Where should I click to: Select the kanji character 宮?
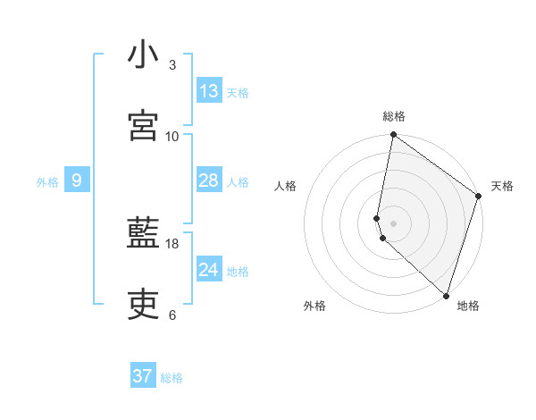143,125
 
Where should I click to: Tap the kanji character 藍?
143,236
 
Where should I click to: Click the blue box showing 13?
209,91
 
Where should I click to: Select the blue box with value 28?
209,181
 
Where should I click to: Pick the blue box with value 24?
209,270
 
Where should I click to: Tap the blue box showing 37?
143,376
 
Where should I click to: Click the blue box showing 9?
77,181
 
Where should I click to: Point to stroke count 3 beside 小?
172,66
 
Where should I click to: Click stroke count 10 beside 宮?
172,136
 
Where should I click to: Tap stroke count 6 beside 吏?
172,315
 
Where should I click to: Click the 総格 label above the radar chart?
394,116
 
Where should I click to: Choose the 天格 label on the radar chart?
502,186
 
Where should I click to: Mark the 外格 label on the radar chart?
314,306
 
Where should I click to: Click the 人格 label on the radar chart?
285,186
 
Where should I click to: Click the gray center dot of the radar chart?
393,223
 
